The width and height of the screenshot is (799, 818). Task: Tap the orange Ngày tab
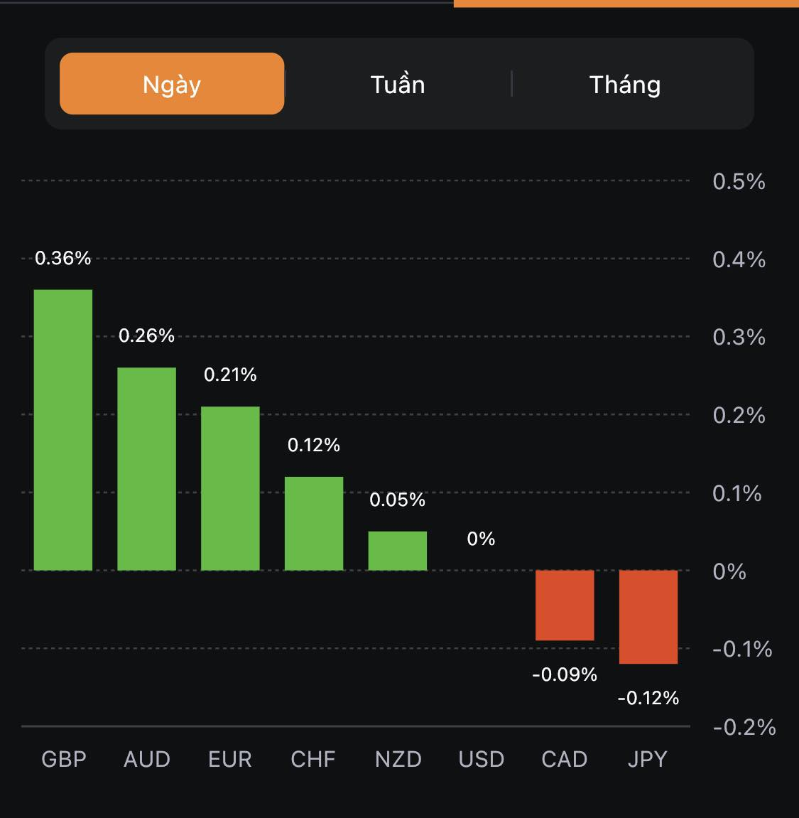[x=172, y=84]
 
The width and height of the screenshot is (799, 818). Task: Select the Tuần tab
[x=398, y=85]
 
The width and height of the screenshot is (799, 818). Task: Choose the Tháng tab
[x=625, y=85]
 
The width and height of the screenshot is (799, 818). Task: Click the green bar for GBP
[x=63, y=430]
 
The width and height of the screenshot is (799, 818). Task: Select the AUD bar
[x=146, y=469]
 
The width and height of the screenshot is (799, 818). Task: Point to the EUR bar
[x=230, y=488]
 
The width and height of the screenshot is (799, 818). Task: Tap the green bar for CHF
[x=314, y=523]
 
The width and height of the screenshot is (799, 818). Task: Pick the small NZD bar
[x=398, y=551]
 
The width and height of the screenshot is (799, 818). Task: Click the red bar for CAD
[x=565, y=605]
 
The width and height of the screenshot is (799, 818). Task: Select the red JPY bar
[x=648, y=617]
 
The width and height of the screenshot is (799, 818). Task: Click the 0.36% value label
[x=63, y=258]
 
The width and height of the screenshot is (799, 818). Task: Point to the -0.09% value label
[x=565, y=674]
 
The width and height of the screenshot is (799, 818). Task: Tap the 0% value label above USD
[x=481, y=539]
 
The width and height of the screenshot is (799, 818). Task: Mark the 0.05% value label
[x=398, y=500]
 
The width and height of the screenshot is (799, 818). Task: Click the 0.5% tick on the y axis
[x=739, y=181]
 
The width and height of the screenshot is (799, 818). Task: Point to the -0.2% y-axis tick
[x=744, y=727]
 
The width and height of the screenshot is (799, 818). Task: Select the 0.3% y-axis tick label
[x=739, y=337]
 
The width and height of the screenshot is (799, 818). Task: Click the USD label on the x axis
[x=482, y=759]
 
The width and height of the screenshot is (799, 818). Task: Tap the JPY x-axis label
[x=648, y=759]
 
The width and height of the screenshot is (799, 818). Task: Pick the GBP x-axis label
[x=64, y=759]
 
